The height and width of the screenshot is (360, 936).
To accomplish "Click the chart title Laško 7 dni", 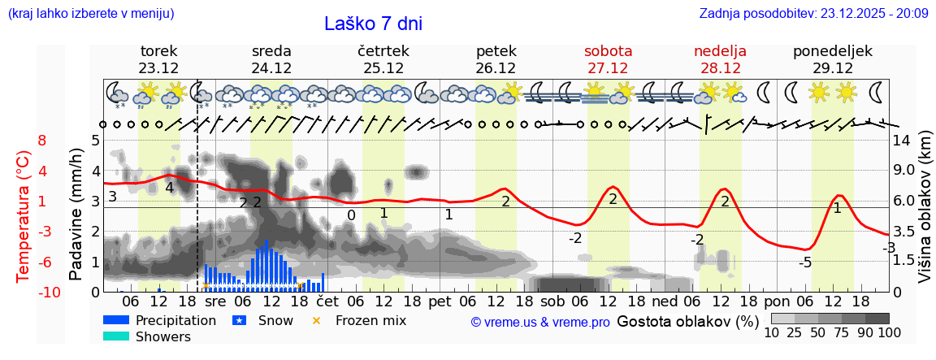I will click(x=373, y=24).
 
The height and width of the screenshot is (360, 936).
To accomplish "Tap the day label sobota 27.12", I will click(x=608, y=59).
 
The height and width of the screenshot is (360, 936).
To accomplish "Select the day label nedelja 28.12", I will click(x=720, y=59).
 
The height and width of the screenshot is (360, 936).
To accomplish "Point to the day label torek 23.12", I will click(x=158, y=59).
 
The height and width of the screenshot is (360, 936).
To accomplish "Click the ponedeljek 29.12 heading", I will click(x=833, y=59).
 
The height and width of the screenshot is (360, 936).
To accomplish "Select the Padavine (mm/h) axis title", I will click(x=76, y=215).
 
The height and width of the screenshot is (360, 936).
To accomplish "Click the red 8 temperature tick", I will click(x=42, y=140).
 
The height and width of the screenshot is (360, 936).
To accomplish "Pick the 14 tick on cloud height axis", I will click(x=902, y=140).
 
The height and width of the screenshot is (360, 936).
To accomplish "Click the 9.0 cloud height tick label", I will click(x=904, y=171).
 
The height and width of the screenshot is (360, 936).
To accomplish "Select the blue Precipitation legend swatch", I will click(x=116, y=320).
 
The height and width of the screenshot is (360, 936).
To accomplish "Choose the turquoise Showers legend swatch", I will click(x=116, y=336).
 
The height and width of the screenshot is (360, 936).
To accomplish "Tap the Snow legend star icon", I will click(x=239, y=320).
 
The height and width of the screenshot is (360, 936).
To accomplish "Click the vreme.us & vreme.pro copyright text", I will click(x=540, y=323).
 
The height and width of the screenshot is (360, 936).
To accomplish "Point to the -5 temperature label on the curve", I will click(x=805, y=262).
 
